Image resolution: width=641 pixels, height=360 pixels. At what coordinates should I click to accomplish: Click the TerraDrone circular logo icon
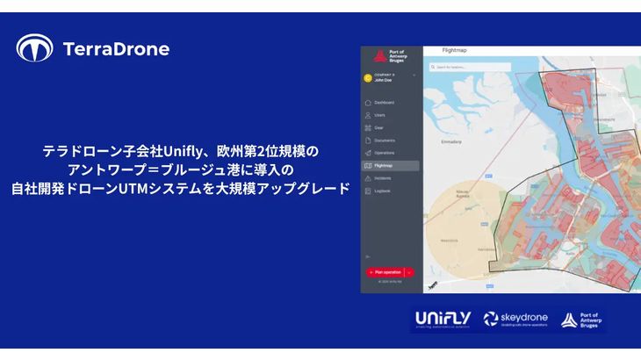click(34, 48)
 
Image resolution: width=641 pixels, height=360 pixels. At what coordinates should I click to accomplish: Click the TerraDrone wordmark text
click(116, 49)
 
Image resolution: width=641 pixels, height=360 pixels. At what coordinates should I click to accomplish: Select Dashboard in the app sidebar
click(384, 103)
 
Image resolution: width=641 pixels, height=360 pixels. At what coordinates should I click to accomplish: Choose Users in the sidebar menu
click(379, 115)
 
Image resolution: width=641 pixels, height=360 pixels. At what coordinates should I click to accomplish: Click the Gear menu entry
click(378, 127)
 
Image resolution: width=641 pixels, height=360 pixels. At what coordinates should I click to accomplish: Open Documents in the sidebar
click(384, 140)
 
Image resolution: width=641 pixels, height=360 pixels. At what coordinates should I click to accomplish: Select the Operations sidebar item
click(385, 153)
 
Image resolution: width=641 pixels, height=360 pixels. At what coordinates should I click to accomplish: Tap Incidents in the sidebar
click(383, 177)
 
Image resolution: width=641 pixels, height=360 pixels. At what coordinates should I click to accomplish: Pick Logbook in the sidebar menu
click(382, 191)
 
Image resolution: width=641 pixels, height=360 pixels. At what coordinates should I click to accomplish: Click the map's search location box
click(461, 67)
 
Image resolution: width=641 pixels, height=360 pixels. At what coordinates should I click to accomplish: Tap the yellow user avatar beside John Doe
click(368, 77)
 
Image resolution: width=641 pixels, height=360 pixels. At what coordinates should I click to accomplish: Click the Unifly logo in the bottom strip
click(443, 319)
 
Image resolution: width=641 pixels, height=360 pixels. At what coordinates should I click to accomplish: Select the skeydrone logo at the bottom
click(516, 319)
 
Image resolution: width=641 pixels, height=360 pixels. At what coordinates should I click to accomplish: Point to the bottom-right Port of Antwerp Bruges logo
click(583, 320)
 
